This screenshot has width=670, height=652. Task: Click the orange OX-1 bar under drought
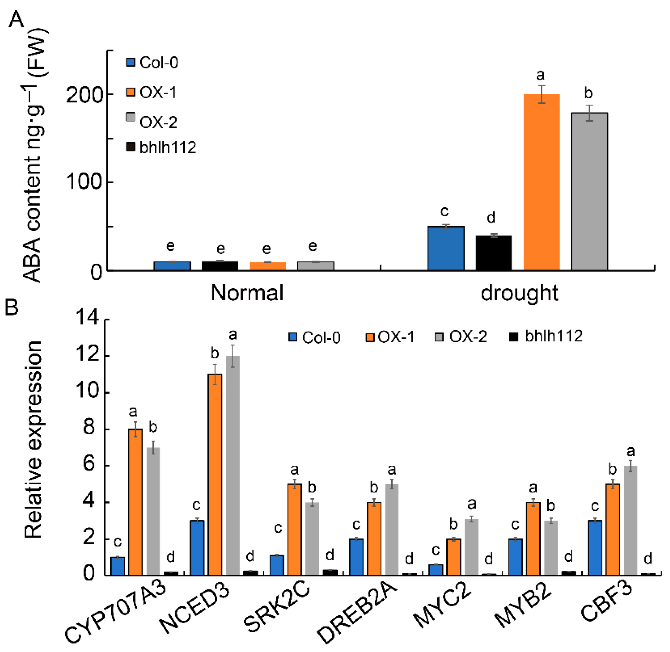[542, 182]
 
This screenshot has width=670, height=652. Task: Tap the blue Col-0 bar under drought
[446, 248]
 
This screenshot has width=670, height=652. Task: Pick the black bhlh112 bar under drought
[494, 253]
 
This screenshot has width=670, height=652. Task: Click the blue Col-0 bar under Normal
[172, 266]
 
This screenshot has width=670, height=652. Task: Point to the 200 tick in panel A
[84, 95]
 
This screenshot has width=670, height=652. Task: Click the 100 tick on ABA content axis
[84, 182]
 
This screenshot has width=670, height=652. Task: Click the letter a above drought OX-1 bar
[540, 75]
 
